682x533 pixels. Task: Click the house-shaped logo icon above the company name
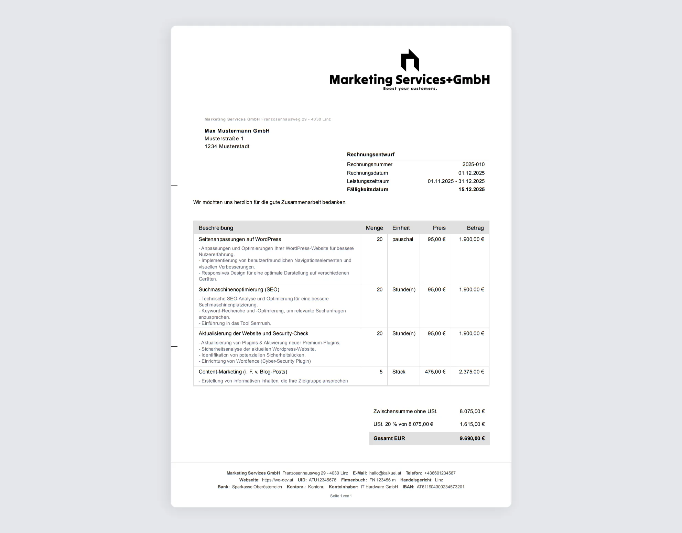coord(410,60)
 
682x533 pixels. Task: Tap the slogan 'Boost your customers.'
coord(410,89)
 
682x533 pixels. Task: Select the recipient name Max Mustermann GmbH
coord(237,131)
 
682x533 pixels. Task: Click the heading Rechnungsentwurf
coord(370,154)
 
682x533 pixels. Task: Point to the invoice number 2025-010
coord(473,164)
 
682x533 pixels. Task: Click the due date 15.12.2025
coord(471,189)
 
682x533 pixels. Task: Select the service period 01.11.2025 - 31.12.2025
coord(456,181)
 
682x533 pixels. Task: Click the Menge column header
coord(374,228)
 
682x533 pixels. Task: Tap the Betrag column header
coord(475,228)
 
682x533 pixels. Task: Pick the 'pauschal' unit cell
coord(402,239)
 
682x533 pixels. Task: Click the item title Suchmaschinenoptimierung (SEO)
coord(239,289)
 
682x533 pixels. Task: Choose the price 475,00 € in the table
coord(435,372)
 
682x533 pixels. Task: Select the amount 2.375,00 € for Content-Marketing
coord(471,372)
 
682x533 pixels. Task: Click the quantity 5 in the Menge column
coord(381,372)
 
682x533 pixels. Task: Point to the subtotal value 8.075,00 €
coord(472,411)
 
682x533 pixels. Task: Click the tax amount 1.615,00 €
coord(472,424)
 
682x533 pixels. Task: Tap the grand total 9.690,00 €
coord(472,438)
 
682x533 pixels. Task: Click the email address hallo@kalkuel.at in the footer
coord(385,473)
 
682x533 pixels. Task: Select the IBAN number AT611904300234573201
coord(440,487)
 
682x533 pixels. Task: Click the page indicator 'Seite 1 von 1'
coord(341,496)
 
